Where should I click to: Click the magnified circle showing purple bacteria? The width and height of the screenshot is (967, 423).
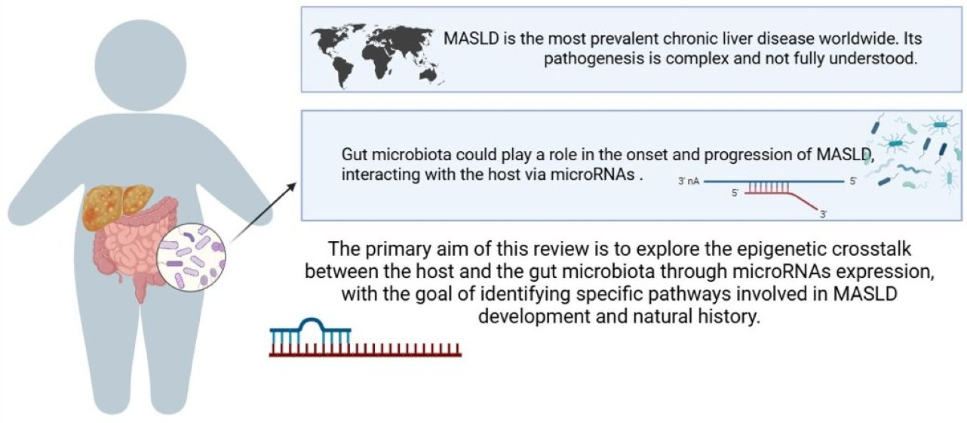(191, 258)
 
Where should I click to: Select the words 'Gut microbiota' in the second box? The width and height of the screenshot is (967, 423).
(396, 154)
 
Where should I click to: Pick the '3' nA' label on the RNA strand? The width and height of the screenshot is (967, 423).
(689, 181)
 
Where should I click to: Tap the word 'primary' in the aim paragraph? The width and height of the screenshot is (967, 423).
(398, 249)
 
